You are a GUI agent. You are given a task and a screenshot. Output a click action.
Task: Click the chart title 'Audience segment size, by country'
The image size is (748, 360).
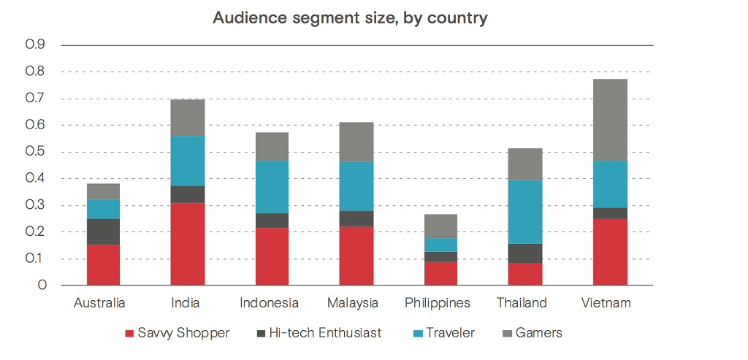pos(350,18)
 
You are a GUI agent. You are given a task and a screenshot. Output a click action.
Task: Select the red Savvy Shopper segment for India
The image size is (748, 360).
pos(187,244)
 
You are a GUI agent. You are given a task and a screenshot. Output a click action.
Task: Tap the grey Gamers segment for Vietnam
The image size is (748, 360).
pos(610,120)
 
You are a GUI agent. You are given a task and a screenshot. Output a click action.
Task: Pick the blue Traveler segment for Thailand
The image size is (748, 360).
pos(525,212)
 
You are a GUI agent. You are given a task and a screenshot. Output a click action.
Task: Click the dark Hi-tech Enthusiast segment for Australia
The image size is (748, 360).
pos(103,231)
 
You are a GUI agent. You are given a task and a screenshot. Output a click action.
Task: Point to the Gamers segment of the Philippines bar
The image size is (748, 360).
pos(440,226)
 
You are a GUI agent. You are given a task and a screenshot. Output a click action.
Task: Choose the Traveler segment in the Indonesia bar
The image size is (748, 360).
pos(272,187)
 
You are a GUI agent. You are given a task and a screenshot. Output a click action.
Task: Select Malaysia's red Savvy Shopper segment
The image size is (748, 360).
pos(356,256)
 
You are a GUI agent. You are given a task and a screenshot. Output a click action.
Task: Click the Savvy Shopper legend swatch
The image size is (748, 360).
pos(130,334)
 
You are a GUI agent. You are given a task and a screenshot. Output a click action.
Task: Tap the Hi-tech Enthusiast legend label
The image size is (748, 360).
pos(325,333)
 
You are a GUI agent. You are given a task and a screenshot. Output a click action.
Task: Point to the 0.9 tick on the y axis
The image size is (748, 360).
pos(36,45)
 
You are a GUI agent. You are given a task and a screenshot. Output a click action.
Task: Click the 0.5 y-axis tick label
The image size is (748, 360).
pos(36,152)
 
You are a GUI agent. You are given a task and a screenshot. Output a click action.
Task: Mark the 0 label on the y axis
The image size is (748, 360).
pos(42,286)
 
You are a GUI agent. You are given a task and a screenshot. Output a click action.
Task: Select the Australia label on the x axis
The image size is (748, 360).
pos(100,303)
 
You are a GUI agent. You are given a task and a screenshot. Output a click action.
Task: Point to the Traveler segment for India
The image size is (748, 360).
pos(187,161)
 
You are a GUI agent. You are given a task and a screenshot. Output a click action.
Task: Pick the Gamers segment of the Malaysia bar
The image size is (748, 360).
pos(356,142)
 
